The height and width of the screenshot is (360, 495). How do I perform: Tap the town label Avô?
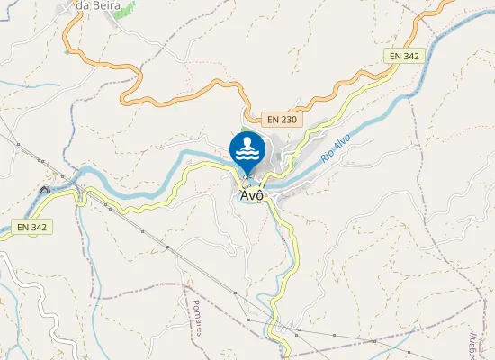251,194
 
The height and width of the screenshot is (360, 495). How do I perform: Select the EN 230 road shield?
283,119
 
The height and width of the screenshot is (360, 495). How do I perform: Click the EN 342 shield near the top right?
404,56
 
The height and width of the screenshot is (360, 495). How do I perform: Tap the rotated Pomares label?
195,306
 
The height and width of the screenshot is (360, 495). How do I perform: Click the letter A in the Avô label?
244,194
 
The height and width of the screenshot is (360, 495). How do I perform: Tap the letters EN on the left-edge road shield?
25,227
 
